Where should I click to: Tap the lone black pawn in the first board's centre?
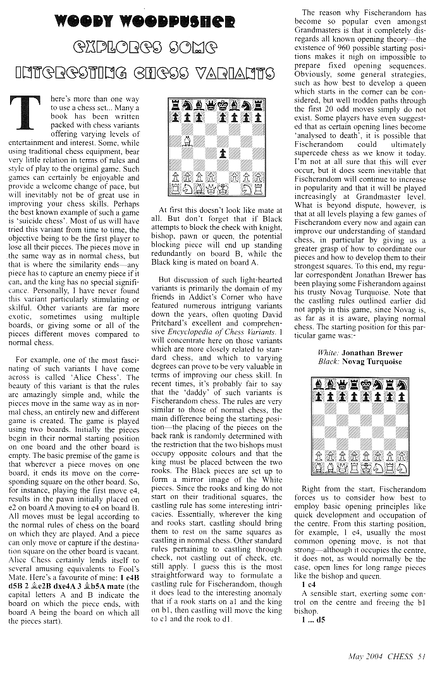223,152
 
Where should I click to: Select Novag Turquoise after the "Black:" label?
376,362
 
